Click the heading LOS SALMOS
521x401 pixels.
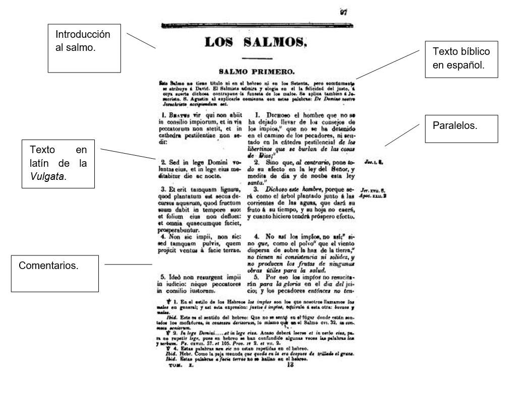(x=255, y=42)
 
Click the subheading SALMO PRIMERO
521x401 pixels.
(x=256, y=72)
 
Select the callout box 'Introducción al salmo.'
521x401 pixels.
(x=84, y=48)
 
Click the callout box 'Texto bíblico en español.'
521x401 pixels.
(x=461, y=59)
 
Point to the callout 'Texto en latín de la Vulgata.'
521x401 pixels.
(x=59, y=163)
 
